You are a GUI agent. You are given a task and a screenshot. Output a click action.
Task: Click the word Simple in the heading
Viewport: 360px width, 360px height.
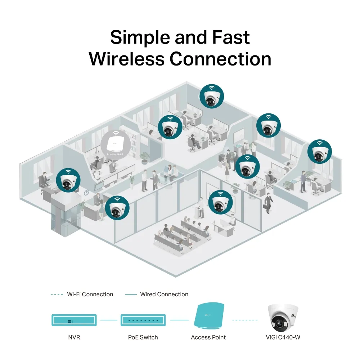tap(139, 37)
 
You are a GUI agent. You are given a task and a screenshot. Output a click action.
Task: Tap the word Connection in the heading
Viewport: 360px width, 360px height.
tap(220, 59)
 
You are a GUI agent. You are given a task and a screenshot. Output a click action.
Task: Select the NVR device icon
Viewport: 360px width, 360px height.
tap(75, 320)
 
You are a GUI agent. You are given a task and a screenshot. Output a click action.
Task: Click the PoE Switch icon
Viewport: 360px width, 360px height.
tap(143, 320)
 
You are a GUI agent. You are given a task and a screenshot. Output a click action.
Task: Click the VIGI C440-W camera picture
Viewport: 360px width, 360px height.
tap(283, 318)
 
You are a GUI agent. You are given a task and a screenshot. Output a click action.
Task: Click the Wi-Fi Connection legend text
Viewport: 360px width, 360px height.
tap(90, 294)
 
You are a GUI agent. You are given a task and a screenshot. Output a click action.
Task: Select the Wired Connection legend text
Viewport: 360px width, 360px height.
tap(164, 294)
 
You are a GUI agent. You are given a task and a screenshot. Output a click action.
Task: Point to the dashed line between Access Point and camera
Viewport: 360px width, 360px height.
tap(245, 320)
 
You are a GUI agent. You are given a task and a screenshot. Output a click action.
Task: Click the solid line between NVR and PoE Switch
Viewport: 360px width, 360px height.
tap(109, 320)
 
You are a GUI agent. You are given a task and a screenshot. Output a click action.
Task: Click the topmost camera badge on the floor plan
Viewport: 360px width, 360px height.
tap(212, 96)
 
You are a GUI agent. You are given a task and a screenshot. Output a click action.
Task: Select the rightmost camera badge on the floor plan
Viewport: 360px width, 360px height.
tap(319, 151)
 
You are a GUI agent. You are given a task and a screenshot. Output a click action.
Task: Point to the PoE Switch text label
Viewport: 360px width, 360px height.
tap(143, 337)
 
